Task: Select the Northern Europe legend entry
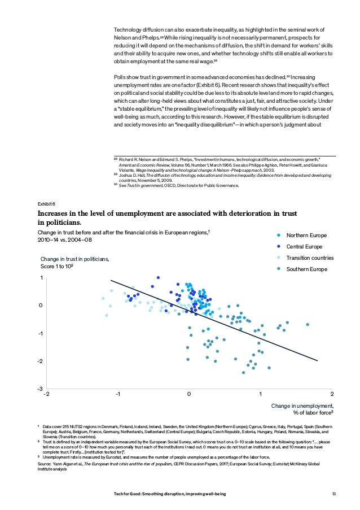[x=306, y=235]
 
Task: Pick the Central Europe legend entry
[x=305, y=246]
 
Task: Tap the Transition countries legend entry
[x=310, y=258]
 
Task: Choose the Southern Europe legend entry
[x=306, y=269]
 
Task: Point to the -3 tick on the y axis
[x=40, y=389]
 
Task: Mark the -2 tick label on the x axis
[x=46, y=394]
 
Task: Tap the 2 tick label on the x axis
[x=332, y=394]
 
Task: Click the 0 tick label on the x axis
[x=189, y=394]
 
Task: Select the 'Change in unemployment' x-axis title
[x=302, y=406]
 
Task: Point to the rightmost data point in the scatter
[x=308, y=325]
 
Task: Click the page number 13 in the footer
[x=335, y=494]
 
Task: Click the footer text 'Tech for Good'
[x=130, y=494]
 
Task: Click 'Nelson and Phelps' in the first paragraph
[x=137, y=37]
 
